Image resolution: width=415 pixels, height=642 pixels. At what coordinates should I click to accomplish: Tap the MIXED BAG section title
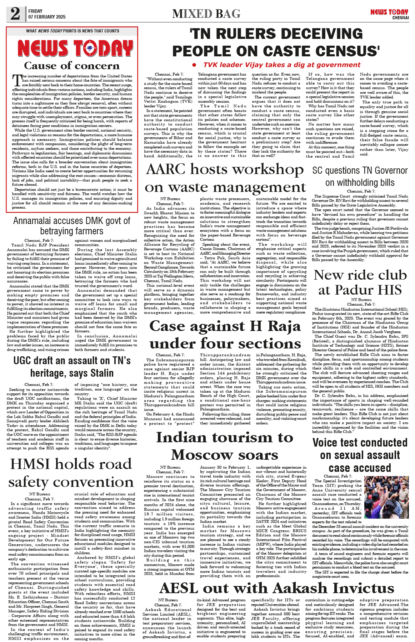click(x=206, y=14)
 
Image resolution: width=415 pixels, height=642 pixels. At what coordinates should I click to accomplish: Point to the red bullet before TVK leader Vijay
click(x=194, y=65)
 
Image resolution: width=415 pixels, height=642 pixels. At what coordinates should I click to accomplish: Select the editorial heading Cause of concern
click(x=72, y=66)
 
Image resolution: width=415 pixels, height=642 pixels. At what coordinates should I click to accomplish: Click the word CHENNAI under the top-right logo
click(x=400, y=18)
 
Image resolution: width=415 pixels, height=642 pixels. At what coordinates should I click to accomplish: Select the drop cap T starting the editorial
click(x=16, y=81)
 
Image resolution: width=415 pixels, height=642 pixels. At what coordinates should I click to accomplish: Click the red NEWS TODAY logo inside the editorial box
click(x=75, y=48)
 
